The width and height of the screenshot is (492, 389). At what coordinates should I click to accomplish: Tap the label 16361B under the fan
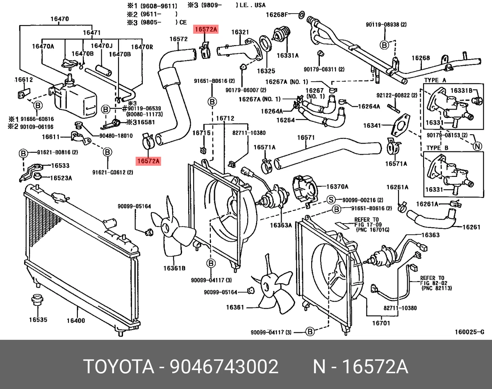pyautogui.click(x=174, y=268)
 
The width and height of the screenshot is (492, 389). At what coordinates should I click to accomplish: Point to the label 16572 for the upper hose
pyautogui.click(x=178, y=39)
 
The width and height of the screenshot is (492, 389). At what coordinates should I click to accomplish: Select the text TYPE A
pyautogui.click(x=435, y=80)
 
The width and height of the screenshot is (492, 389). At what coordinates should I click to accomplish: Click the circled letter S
pyautogui.click(x=331, y=200)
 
